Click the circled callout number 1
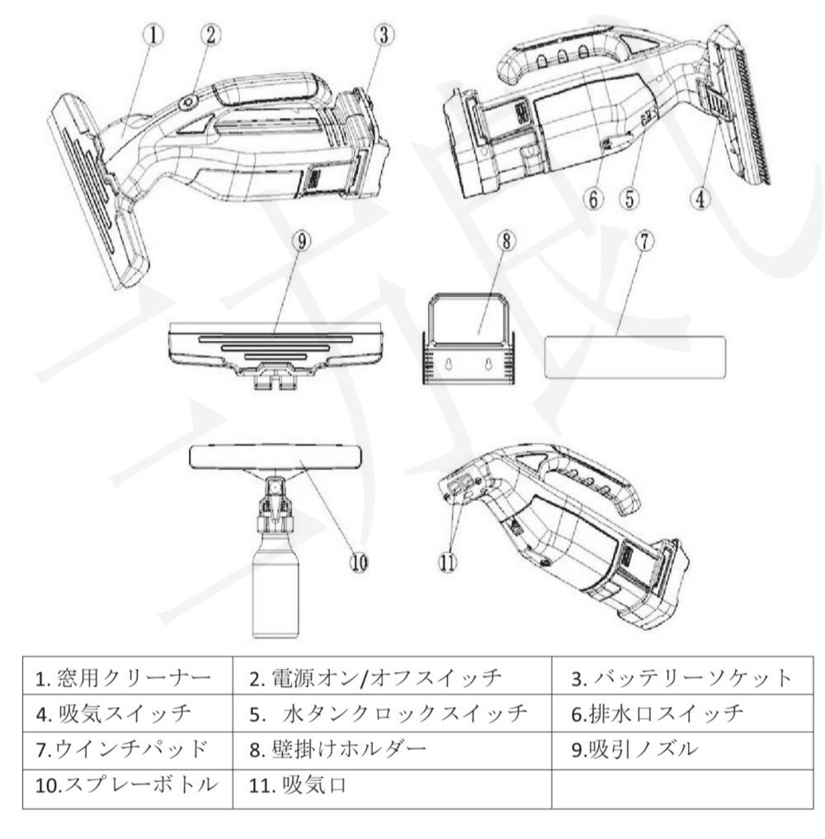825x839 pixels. pos(155,34)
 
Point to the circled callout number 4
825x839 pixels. pos(700,197)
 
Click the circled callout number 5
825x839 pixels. pos(630,197)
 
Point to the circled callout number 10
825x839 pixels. pos(358,561)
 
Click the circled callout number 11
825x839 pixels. pos(446,561)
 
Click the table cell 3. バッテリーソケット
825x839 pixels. pos(681,680)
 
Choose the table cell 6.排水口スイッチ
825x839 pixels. pos(681,714)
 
